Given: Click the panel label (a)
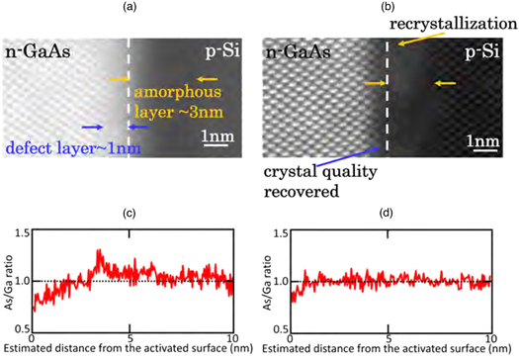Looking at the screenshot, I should (x=130, y=8).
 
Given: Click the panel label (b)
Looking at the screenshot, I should (x=389, y=8).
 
